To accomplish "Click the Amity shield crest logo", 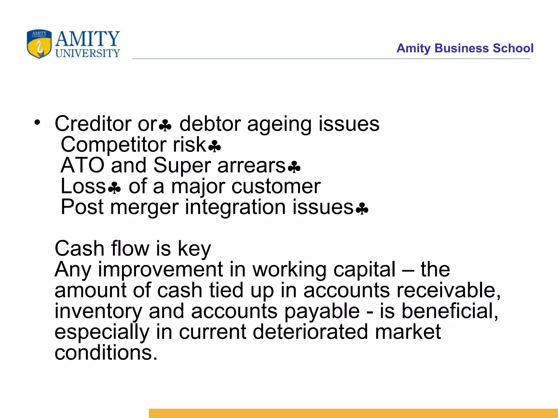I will point(39,44).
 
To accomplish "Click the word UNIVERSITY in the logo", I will point(87,53).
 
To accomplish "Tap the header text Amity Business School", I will point(465,48).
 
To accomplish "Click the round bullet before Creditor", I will point(37,122).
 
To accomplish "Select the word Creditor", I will point(93,124).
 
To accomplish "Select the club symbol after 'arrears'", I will point(294,167).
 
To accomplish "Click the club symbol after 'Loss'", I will point(114,188).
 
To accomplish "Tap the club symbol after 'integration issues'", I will point(362,209).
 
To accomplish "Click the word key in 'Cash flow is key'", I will point(194,249).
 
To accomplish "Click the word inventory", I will point(98,311).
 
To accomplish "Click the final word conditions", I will point(106,353).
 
